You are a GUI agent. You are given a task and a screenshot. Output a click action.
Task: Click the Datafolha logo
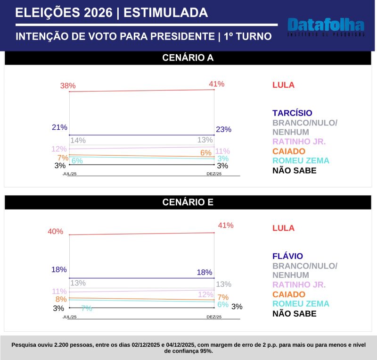coord(326,27)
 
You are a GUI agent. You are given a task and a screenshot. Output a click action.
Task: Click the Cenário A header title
coord(188,58)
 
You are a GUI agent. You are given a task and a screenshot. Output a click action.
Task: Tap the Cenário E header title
coord(188,202)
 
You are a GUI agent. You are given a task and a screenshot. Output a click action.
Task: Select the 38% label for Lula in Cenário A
coord(68,86)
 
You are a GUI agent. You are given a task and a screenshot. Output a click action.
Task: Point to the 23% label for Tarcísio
coord(223,130)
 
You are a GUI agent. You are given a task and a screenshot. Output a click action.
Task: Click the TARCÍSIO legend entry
coord(292,113)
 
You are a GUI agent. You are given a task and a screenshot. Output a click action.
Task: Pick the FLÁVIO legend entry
coord(287,256)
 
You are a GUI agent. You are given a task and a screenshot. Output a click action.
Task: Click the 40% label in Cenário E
coord(55,231)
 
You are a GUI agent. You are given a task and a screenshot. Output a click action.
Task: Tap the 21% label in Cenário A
coord(59,127)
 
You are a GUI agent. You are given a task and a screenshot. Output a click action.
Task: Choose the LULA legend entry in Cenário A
coord(283,85)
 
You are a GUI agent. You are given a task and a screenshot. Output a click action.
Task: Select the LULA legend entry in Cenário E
coord(283,228)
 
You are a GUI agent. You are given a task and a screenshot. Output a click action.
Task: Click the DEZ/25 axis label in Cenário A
coord(214,174)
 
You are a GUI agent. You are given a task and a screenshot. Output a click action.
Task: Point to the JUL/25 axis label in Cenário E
coord(70,317)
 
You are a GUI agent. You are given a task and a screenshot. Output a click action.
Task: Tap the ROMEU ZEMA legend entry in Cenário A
coord(301,160)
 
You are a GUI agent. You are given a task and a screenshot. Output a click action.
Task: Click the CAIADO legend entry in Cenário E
coord(289,294)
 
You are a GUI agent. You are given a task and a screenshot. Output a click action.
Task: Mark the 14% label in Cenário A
coord(78,140)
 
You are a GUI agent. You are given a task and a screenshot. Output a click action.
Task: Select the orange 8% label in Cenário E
coord(61,299)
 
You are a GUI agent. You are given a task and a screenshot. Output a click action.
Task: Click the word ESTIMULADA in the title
coord(165,13)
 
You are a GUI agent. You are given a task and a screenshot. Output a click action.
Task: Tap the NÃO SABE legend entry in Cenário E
coord(295,313)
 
